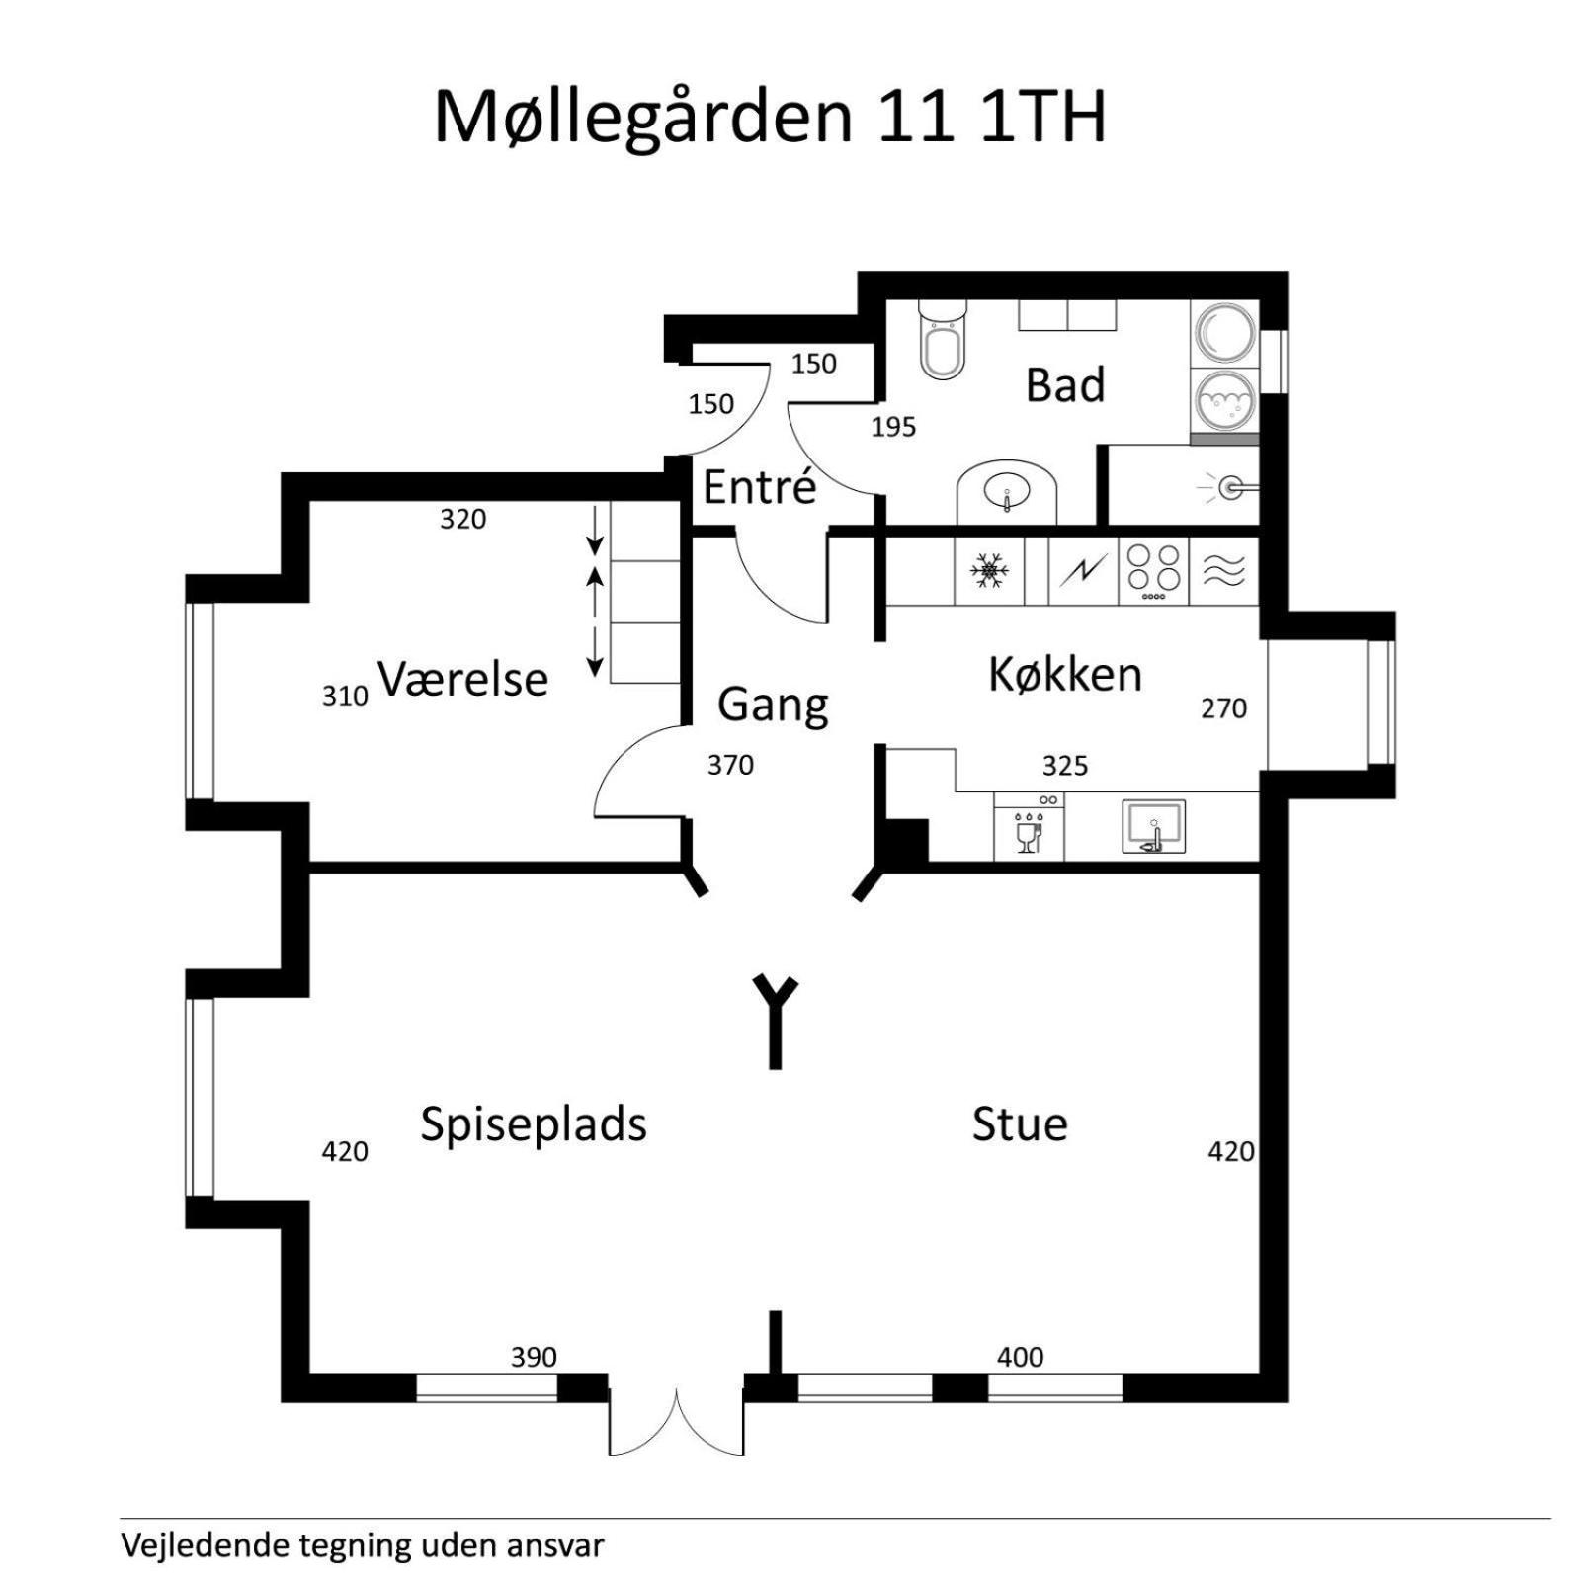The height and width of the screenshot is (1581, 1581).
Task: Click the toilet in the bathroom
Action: click(941, 341)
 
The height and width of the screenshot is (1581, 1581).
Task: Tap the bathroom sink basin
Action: click(1007, 491)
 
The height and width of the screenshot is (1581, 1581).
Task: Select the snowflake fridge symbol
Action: click(989, 570)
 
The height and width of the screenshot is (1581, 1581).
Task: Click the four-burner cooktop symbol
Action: click(1153, 570)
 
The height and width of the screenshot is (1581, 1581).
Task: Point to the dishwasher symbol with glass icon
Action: click(1029, 827)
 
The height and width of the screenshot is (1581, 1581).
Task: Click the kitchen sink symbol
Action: click(1153, 826)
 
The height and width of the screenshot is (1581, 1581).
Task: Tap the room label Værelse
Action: click(462, 680)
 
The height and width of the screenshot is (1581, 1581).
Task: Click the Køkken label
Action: click(1065, 675)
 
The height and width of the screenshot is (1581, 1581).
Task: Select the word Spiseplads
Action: click(534, 1124)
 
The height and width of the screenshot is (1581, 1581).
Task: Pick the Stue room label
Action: click(1020, 1124)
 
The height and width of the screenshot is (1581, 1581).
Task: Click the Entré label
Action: click(760, 487)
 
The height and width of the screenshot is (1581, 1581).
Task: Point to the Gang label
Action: click(773, 706)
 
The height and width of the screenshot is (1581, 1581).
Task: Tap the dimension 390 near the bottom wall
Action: click(534, 1357)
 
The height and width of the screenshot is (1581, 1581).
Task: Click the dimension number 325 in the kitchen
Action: click(1065, 766)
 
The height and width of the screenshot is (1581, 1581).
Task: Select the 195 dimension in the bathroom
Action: click(893, 427)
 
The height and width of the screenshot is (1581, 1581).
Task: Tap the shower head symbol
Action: click(1229, 486)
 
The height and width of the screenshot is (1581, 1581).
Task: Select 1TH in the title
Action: click(1043, 117)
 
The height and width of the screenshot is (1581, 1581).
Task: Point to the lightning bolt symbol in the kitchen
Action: click(1083, 570)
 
